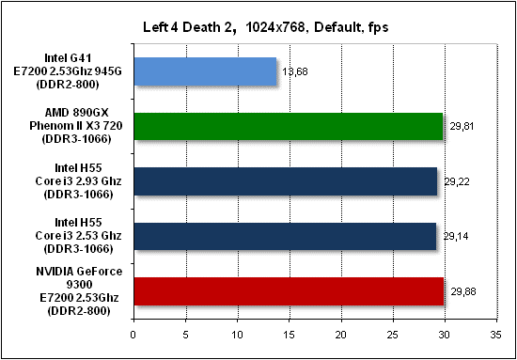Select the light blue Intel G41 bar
coord(205,71)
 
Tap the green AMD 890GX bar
coord(289,126)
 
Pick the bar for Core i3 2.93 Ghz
coord(286,181)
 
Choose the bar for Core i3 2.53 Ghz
coord(285,236)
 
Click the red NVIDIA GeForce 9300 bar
coord(289,291)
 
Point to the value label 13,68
coord(295,71)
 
